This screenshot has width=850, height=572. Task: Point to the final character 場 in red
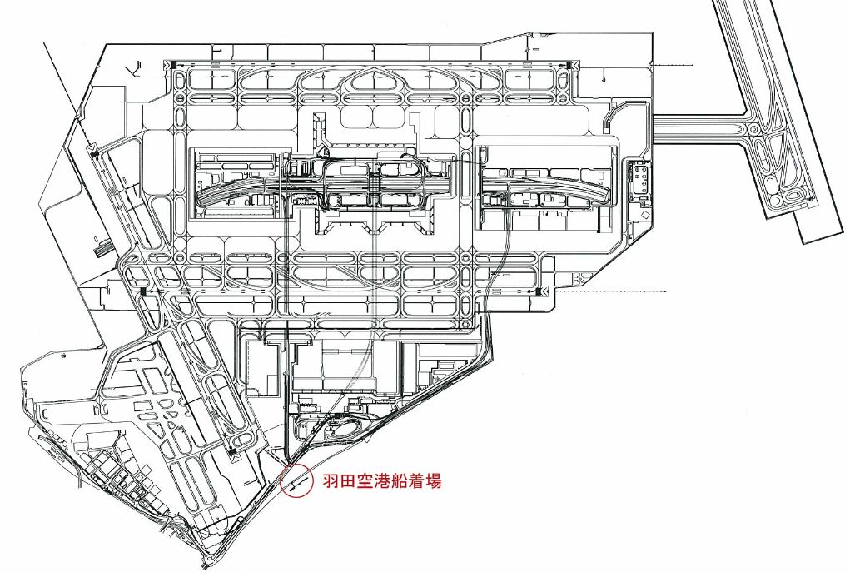click(433, 480)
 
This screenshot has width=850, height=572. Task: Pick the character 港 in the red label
click(382, 480)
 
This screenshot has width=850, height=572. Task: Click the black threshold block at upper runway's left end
click(172, 64)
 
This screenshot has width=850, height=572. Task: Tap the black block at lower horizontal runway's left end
click(144, 291)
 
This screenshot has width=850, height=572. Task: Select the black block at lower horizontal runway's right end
click(544, 291)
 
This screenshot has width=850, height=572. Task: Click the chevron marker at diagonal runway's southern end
click(234, 455)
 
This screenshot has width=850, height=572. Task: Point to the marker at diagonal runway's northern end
click(93, 152)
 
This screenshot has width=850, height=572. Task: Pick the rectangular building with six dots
click(640, 179)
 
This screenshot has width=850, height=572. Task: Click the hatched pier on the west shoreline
click(102, 246)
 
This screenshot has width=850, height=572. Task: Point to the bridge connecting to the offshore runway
click(699, 129)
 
